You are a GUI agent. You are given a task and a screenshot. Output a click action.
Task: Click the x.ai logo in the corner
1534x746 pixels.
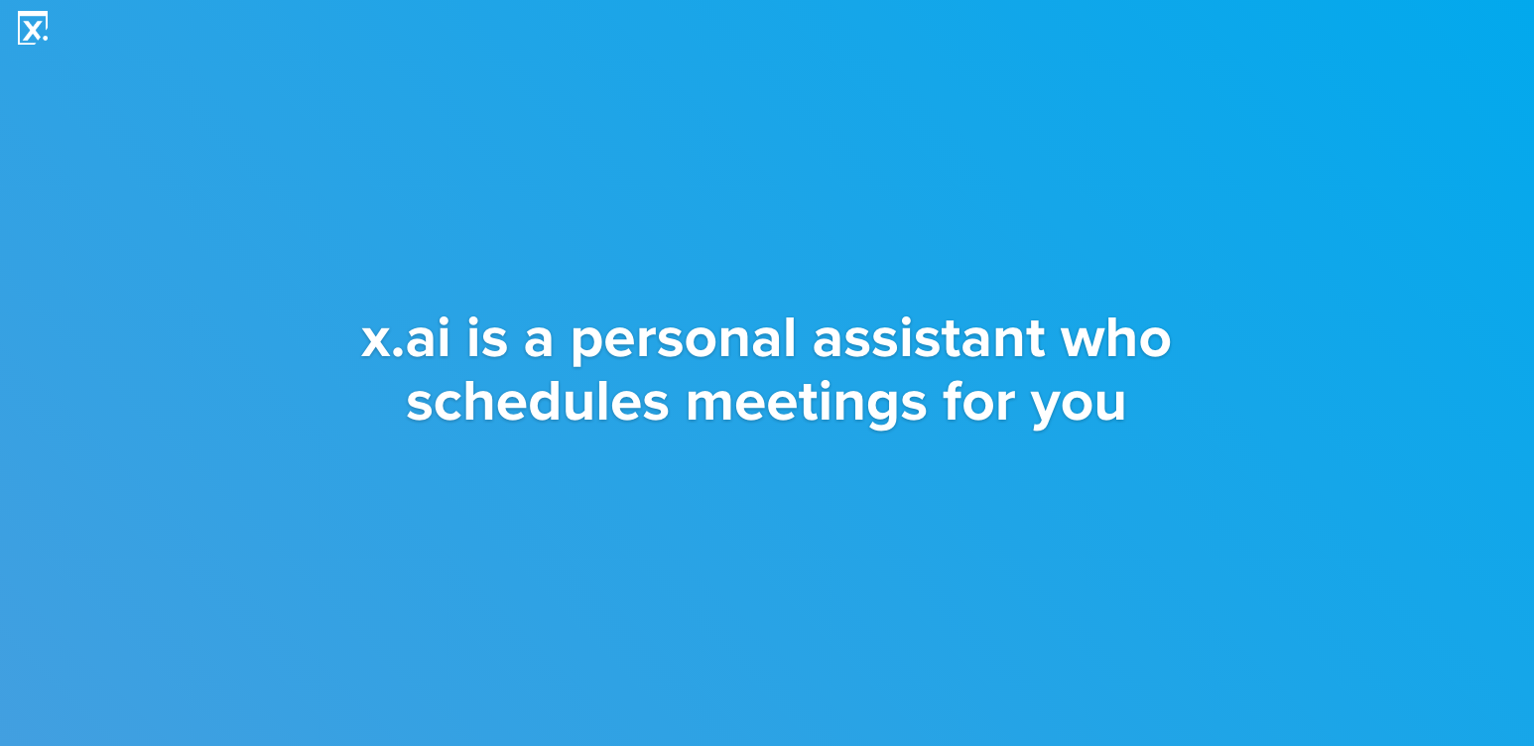32,28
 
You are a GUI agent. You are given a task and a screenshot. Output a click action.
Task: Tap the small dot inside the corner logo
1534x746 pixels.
45,39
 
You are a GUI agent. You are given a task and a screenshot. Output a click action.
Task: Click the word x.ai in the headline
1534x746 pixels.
406,338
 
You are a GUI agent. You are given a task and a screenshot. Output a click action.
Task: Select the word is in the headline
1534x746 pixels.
487,338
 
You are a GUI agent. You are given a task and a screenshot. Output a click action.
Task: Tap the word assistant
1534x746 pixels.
929,338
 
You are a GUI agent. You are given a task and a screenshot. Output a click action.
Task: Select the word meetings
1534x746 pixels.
806,405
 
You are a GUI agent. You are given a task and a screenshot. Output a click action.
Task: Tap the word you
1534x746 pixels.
1078,409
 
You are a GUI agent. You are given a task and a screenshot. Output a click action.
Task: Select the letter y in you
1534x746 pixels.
1048,410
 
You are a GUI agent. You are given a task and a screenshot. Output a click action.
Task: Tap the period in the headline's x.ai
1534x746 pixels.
398,353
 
